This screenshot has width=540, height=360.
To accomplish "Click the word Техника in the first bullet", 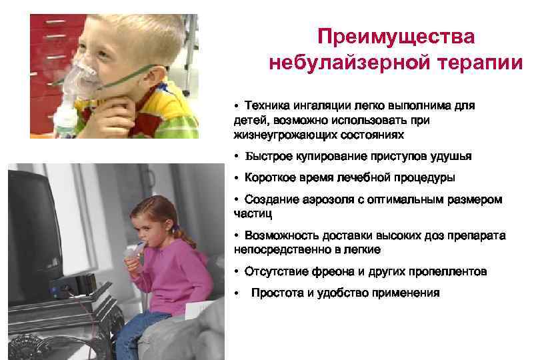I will pyautogui.click(x=265, y=105).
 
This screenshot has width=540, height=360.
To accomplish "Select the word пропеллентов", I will pyautogui.click(x=446, y=271).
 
